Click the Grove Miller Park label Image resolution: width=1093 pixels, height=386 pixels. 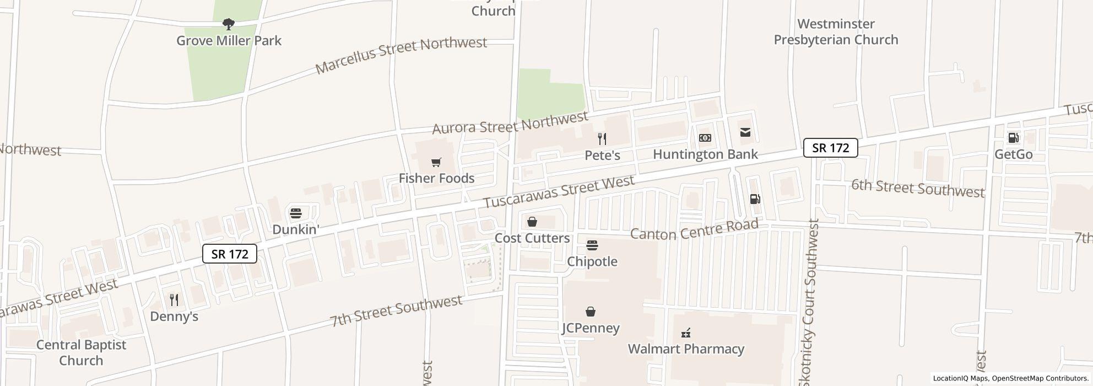point(229,41)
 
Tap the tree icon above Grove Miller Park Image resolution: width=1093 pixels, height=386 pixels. point(228,24)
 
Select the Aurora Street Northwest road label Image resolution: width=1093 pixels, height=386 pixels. point(510,124)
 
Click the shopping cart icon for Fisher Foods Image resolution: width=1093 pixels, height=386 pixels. point(436,162)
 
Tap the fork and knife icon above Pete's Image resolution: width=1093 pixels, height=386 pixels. point(602,139)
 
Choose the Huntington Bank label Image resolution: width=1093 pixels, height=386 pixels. point(705,154)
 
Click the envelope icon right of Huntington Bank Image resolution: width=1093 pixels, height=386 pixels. point(745,132)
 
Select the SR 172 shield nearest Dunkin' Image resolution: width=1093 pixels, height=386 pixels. point(230,254)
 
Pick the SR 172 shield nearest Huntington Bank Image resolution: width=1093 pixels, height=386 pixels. point(830,148)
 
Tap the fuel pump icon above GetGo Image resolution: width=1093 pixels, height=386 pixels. point(1013,138)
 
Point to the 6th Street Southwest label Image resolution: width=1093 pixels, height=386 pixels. point(918,188)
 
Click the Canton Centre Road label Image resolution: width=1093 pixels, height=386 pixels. point(694,229)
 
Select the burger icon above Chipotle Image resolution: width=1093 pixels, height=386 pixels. point(592,245)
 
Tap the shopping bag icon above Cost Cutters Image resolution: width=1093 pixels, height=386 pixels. point(532,222)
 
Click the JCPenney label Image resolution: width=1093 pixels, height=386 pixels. point(591,328)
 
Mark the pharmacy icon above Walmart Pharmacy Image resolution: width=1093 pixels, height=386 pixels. point(686,333)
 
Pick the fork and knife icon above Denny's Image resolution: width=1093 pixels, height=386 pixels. point(174,300)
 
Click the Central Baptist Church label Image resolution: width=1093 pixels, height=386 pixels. point(81,353)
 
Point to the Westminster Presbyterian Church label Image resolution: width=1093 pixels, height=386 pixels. point(836,32)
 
